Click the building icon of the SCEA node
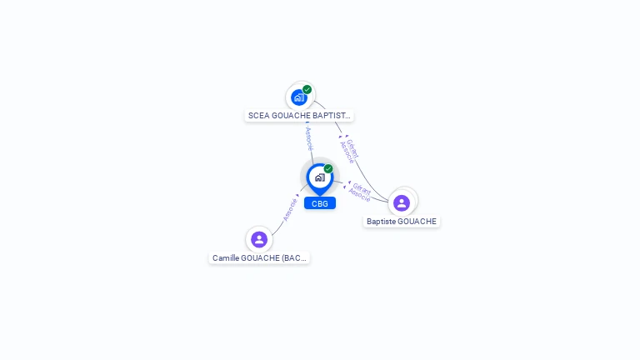click(299, 97)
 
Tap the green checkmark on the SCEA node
click(307, 89)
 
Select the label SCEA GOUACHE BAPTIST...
click(300, 116)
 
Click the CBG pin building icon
click(319, 177)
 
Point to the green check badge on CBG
click(328, 168)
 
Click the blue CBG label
click(320, 203)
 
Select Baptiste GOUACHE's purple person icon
click(402, 202)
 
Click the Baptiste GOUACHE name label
click(402, 222)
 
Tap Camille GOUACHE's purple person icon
click(259, 239)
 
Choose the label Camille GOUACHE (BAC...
click(260, 258)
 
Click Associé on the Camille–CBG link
click(290, 208)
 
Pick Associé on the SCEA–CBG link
click(309, 138)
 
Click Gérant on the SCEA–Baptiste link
click(353, 147)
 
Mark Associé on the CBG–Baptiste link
click(359, 196)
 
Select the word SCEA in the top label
click(257, 116)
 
